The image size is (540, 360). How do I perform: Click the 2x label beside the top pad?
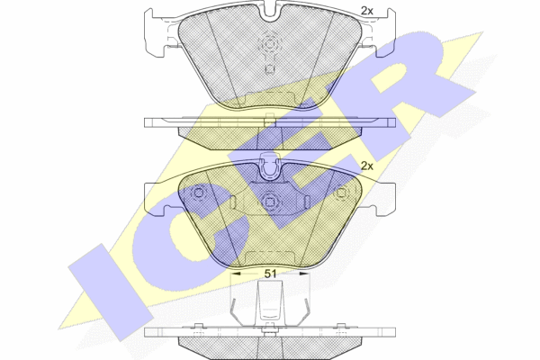point(367,11)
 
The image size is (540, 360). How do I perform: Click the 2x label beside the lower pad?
point(367,166)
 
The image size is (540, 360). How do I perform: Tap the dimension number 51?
point(270,274)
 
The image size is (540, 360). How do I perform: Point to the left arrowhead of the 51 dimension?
point(235,274)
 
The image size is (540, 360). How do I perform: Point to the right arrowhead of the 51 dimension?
point(304,274)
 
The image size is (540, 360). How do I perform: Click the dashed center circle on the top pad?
point(270,44)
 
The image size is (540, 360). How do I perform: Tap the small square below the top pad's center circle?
point(270,69)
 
